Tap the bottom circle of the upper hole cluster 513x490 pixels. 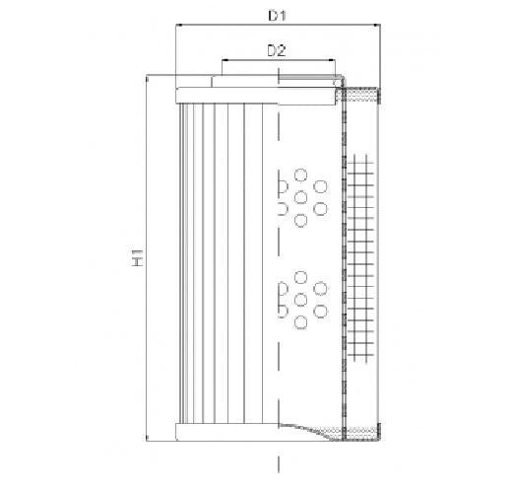(300, 220)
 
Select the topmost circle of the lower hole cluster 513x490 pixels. (300, 277)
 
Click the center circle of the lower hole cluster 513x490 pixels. (300, 300)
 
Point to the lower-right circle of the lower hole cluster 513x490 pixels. (320, 312)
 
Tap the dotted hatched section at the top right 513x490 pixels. (363, 95)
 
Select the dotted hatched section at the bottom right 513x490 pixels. (363, 430)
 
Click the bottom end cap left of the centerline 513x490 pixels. (226, 431)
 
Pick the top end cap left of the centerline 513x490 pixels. (226, 95)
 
